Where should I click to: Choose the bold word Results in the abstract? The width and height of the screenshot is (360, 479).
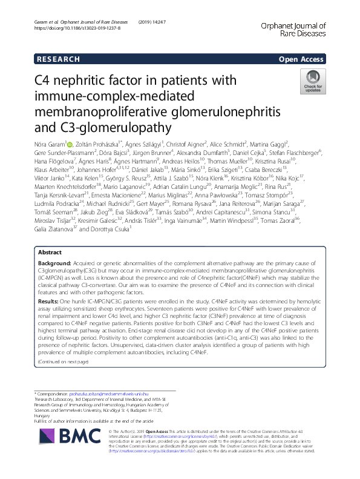click(x=48, y=318)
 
